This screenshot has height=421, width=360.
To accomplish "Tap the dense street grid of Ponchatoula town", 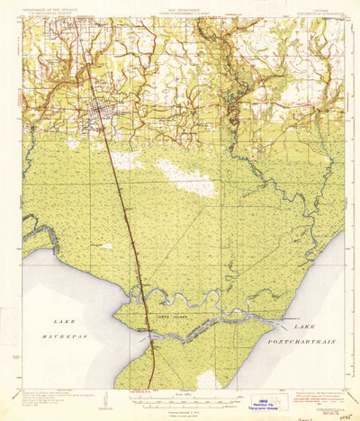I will pos(101,112).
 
